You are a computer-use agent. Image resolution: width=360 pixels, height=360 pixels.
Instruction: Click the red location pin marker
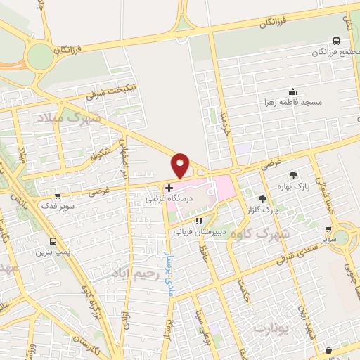pos(181,165)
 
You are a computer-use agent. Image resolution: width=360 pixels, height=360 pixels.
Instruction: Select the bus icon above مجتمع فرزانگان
pos(337,41)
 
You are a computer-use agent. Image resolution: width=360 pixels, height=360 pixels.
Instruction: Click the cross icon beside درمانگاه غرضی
pos(169,188)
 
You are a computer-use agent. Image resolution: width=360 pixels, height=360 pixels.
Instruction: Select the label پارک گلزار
pos(262,210)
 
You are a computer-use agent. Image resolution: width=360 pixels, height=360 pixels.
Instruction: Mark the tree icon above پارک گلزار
pos(262,199)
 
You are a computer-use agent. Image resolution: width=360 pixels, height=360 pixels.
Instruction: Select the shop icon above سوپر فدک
pos(58,196)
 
